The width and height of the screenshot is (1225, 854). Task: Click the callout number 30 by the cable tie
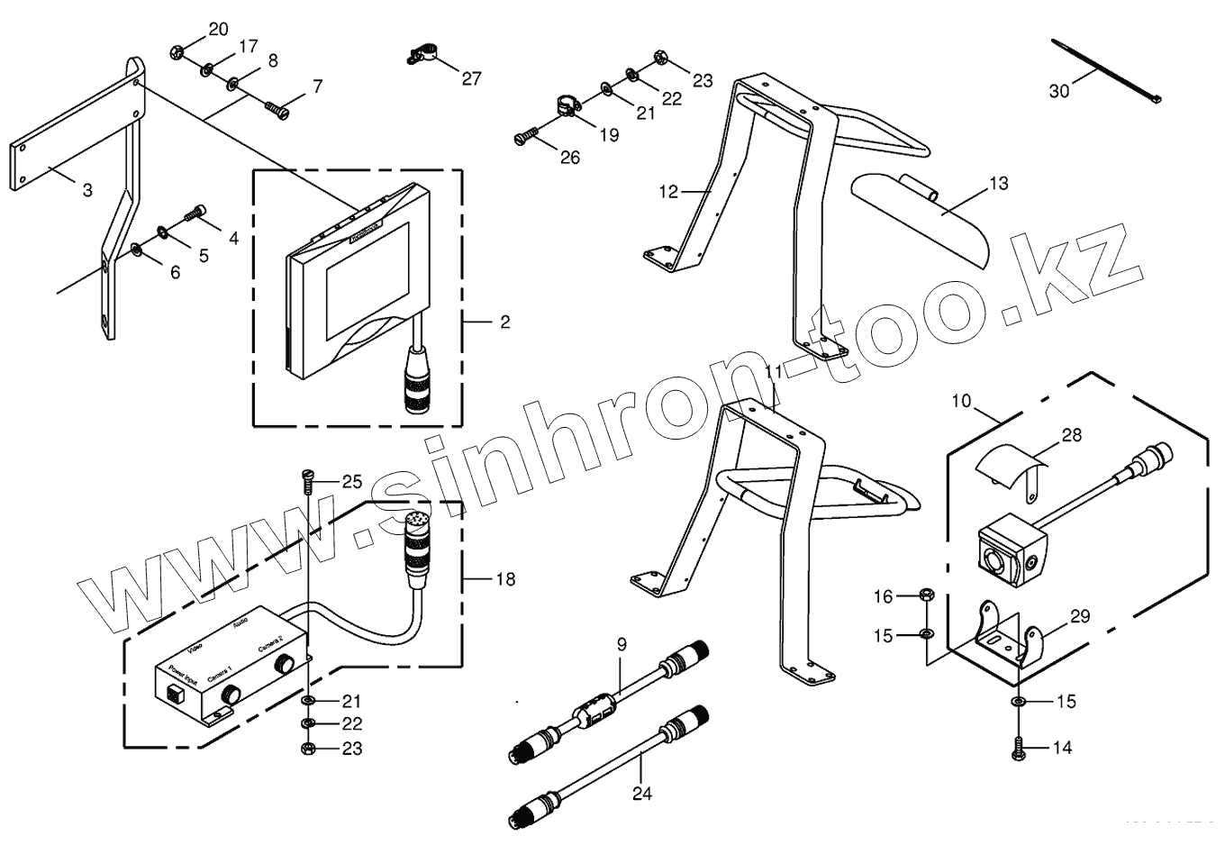(1059, 91)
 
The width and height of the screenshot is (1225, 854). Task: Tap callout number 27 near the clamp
(472, 78)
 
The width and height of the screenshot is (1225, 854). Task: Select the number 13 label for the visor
(998, 184)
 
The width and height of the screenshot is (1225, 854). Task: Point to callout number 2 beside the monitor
(505, 322)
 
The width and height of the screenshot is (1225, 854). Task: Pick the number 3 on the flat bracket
(87, 191)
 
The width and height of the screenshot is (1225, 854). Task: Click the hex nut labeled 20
(177, 51)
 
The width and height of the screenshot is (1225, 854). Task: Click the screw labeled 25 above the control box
(305, 481)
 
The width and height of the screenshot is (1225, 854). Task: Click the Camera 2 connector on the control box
(286, 665)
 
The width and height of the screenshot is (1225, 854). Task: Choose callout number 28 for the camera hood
(1071, 436)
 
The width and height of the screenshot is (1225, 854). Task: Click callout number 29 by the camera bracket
(1080, 617)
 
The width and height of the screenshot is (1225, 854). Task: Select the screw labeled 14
(1018, 747)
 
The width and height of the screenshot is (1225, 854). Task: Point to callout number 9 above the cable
(621, 644)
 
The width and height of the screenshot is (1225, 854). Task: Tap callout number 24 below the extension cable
(640, 794)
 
